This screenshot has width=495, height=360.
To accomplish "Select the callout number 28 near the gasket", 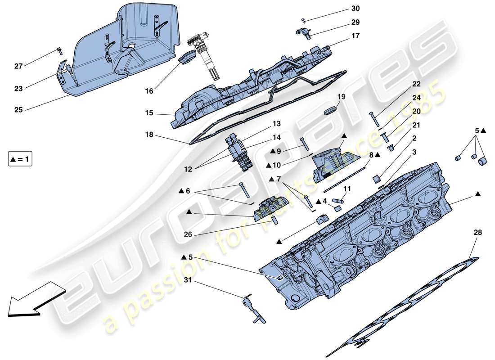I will pos(477,233).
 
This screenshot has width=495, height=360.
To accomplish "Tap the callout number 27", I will pos(18,67).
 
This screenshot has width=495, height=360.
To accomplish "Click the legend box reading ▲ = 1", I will pos(20,159).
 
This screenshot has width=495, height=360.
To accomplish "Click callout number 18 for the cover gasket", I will pos(149,134).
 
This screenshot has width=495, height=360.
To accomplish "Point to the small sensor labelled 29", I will pos(302,31).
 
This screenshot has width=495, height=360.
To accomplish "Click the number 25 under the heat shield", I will pos(18,109).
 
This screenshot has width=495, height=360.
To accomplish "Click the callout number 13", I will pos(276,123).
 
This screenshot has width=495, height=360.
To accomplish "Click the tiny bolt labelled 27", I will pos(59,50).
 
